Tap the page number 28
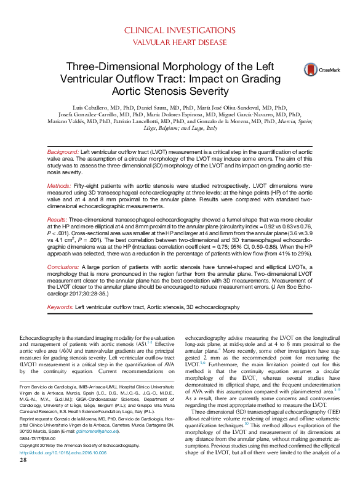(x=23, y=477)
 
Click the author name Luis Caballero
(x=87, y=106)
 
